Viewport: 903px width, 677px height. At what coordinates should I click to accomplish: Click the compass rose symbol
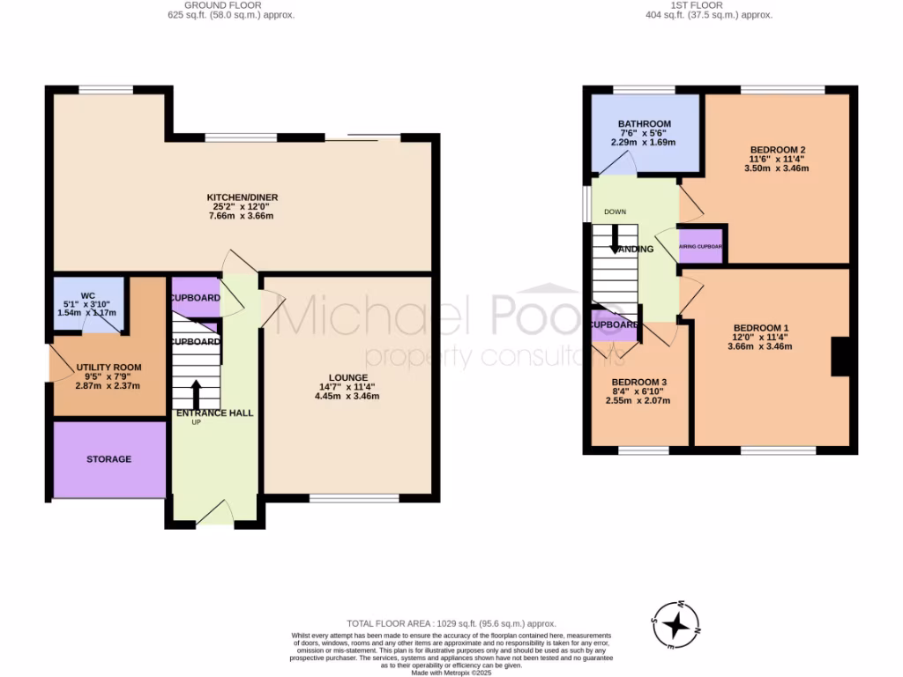click(675, 625)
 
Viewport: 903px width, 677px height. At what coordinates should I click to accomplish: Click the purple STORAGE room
click(109, 459)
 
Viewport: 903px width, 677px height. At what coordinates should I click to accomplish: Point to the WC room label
click(87, 295)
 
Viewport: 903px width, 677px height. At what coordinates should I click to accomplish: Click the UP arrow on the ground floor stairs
click(196, 394)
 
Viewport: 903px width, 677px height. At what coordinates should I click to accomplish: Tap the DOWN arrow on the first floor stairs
click(616, 235)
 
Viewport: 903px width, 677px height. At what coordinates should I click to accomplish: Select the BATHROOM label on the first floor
click(644, 123)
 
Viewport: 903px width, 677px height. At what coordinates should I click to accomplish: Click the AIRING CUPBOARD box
click(702, 247)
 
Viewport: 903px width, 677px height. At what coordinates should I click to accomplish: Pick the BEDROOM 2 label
click(776, 149)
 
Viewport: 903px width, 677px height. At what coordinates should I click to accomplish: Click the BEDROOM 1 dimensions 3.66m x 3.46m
click(759, 346)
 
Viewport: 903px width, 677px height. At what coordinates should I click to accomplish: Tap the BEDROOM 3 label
click(640, 381)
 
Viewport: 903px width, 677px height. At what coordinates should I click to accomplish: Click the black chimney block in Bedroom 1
click(842, 357)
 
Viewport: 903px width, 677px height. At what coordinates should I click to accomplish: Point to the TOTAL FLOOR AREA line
click(451, 624)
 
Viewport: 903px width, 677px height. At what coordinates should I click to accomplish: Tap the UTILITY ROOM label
click(108, 367)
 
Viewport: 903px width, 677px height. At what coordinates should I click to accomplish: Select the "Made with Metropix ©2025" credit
click(451, 673)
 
